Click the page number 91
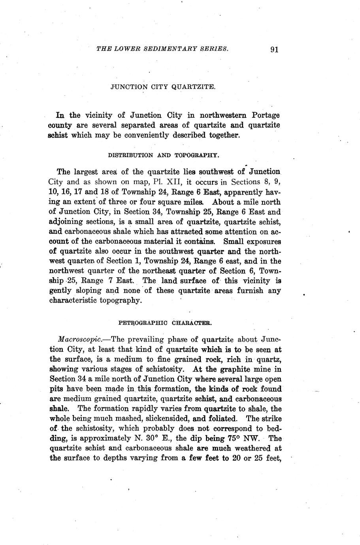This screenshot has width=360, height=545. click(x=275, y=49)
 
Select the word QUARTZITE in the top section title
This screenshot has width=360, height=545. click(x=194, y=86)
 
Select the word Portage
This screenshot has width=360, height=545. click(x=265, y=115)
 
